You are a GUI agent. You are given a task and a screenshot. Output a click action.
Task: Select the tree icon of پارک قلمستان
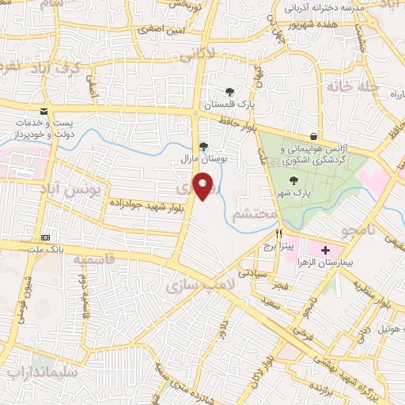pyautogui.click(x=229, y=92)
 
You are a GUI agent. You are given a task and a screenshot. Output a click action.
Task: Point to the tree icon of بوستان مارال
pyautogui.click(x=203, y=146)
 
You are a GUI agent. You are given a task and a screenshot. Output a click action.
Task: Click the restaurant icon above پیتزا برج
pyautogui.click(x=278, y=234)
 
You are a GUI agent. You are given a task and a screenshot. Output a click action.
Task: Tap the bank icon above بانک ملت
pyautogui.click(x=45, y=237)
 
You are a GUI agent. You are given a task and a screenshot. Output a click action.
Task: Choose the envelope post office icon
pyautogui.click(x=43, y=112)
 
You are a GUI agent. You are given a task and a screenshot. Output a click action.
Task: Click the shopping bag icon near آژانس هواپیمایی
pyautogui.click(x=314, y=135)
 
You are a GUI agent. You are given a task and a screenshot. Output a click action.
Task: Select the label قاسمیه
pyautogui.click(x=93, y=259)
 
